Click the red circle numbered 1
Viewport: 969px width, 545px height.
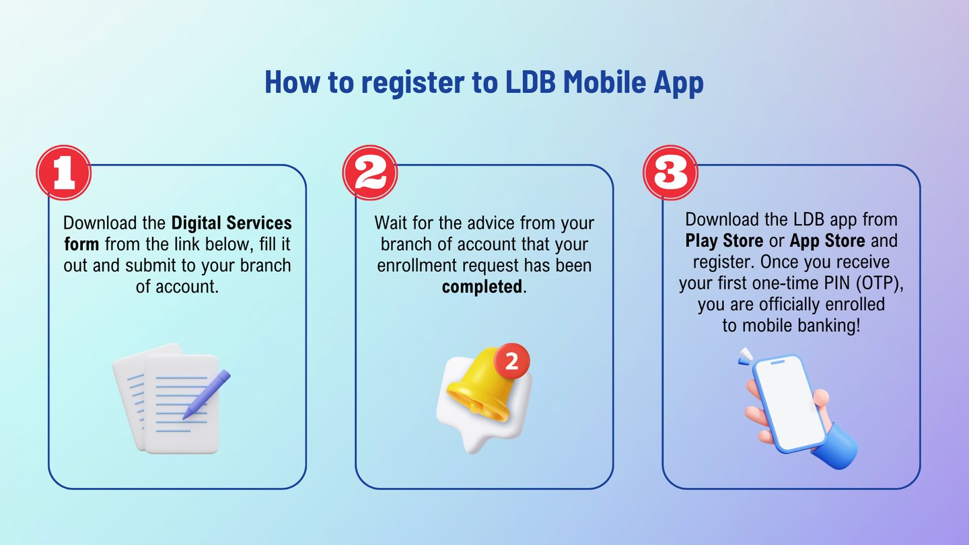click(63, 172)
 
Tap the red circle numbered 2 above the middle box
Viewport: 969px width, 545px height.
click(370, 172)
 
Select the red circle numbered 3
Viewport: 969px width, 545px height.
click(670, 172)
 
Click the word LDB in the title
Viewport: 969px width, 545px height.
click(530, 81)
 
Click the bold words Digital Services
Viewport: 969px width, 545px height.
click(231, 223)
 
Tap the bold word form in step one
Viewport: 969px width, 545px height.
click(82, 244)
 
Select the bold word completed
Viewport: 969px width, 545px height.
click(482, 287)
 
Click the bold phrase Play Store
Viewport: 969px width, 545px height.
click(724, 241)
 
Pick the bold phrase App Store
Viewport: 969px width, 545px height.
click(828, 241)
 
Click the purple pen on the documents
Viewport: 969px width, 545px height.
click(207, 394)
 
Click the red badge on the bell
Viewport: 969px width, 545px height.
click(511, 361)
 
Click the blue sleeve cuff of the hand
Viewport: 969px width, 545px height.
click(836, 446)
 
